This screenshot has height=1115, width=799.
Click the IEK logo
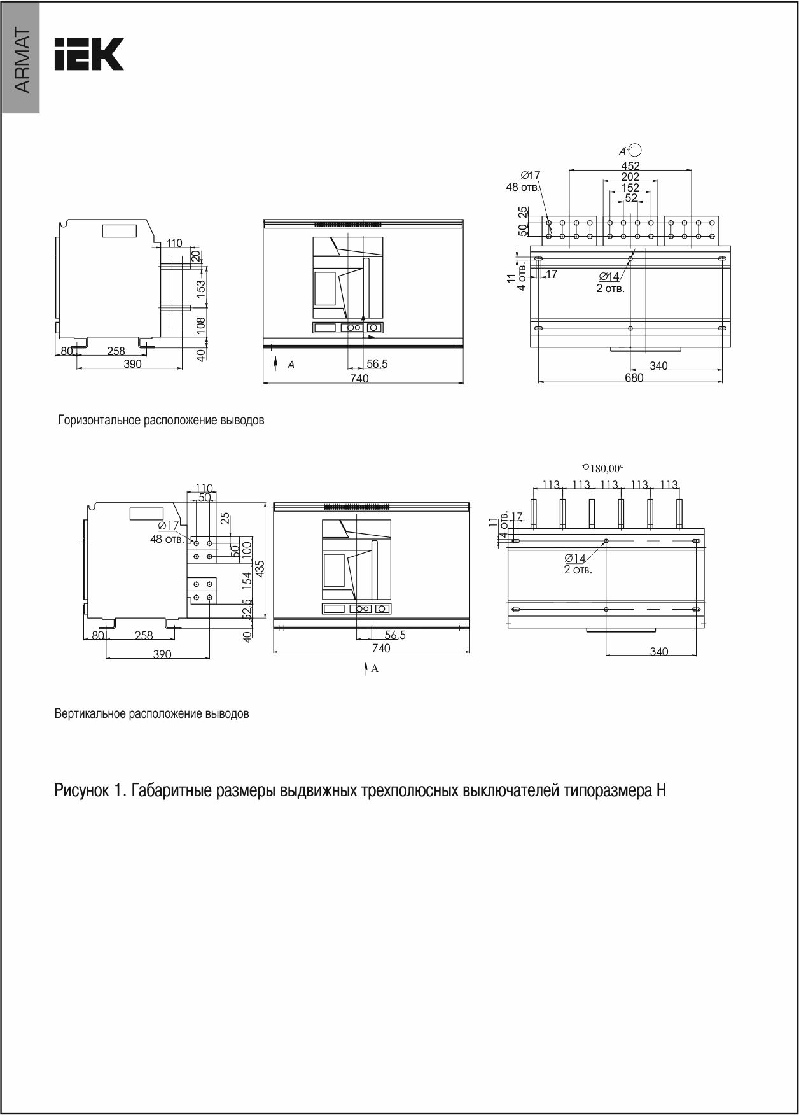tap(89, 54)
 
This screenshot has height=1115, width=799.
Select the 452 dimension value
tap(630, 167)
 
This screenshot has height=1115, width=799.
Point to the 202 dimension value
tap(630, 177)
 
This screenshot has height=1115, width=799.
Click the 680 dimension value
tap(634, 377)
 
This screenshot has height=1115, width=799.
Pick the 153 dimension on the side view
tap(201, 288)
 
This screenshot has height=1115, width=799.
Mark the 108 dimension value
tap(201, 325)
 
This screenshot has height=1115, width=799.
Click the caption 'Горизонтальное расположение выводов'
tap(161, 421)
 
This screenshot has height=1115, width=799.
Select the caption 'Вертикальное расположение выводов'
tap(151, 713)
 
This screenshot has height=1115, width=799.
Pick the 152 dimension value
tap(630, 188)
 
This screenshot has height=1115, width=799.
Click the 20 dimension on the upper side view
tap(195, 255)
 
